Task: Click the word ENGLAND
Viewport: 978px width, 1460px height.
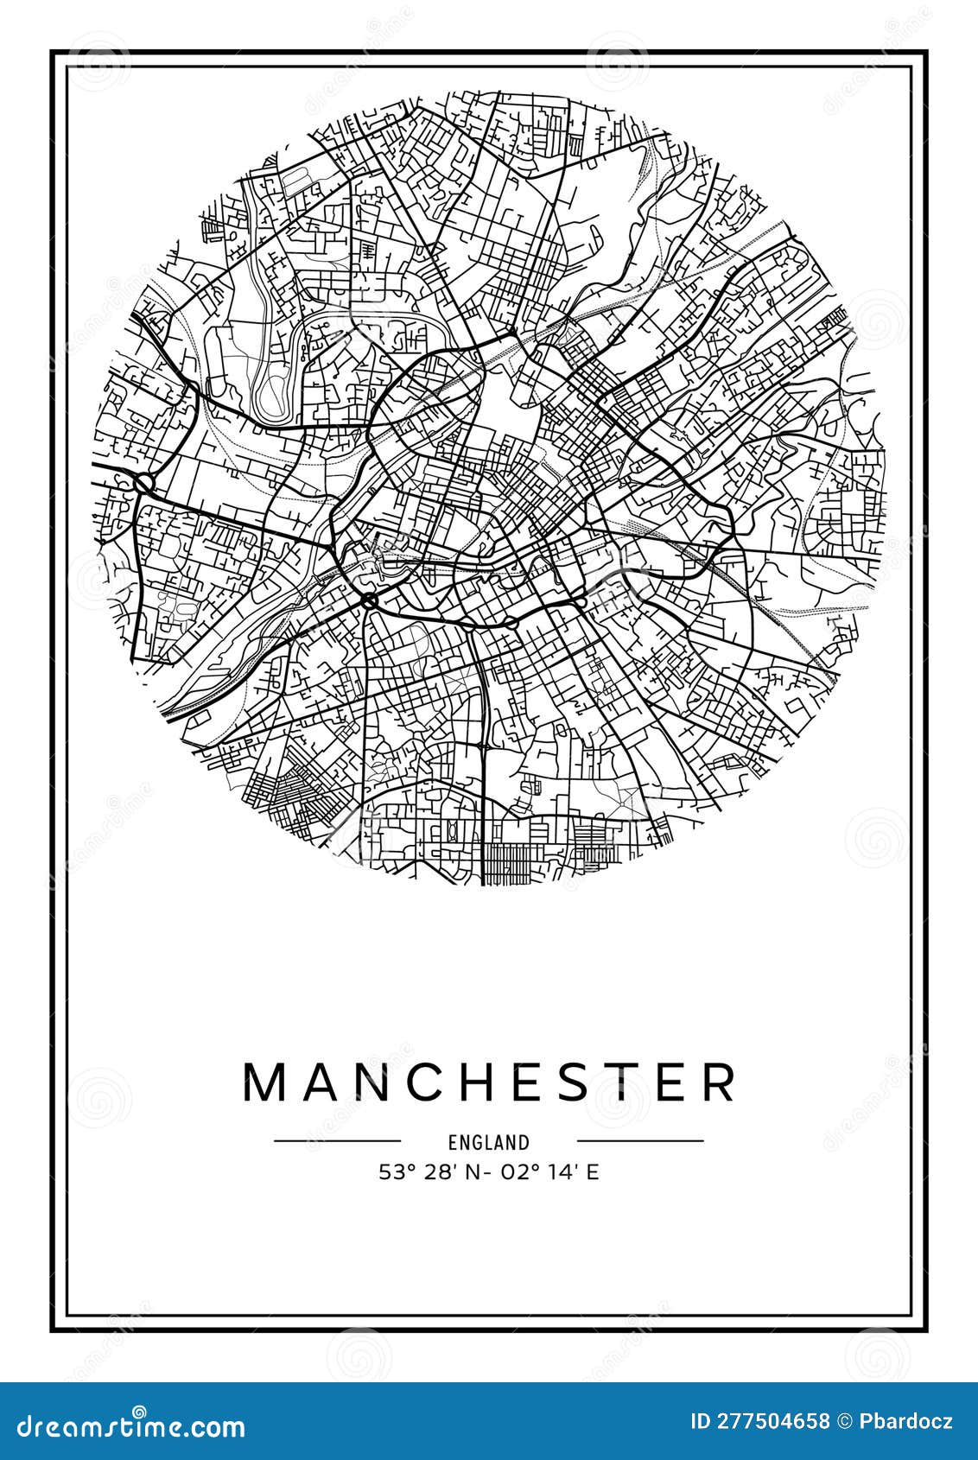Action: [x=488, y=1142]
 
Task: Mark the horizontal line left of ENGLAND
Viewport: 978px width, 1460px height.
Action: [x=337, y=1140]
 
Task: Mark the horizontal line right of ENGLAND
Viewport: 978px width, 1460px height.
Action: [x=640, y=1140]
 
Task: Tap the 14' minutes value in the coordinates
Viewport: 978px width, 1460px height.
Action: [x=570, y=1172]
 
